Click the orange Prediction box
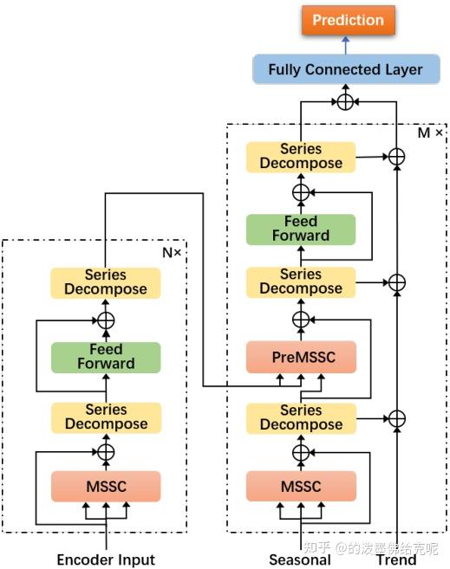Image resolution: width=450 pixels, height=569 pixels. coord(348,20)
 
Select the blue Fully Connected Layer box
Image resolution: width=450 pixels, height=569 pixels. coord(345,69)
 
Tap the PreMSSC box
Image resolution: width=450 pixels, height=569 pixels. coord(300,356)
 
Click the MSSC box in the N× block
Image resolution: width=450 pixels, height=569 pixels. coord(106,486)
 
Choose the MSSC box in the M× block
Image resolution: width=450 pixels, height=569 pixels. coord(300,486)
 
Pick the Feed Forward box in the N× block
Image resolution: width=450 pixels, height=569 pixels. coord(106,356)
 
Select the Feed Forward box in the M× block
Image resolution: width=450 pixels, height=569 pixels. coord(300,229)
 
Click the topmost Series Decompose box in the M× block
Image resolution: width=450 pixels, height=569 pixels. coord(300,157)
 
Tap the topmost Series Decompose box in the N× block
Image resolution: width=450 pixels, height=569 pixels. coord(106,282)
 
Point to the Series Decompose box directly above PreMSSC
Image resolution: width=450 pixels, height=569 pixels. coord(300,281)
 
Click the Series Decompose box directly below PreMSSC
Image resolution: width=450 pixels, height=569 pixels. coord(300,417)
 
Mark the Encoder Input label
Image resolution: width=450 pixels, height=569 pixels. coord(106,559)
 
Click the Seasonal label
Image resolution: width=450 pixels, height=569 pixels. coord(300,559)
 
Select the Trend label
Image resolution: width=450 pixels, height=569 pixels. coord(396,559)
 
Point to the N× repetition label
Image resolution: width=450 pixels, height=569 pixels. coord(172,252)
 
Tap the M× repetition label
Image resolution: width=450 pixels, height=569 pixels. coord(430,133)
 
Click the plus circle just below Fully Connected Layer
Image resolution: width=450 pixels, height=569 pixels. coord(345,101)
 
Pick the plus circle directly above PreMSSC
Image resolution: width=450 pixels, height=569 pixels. coord(301,320)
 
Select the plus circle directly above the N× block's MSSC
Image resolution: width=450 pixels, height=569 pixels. coord(106,451)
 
